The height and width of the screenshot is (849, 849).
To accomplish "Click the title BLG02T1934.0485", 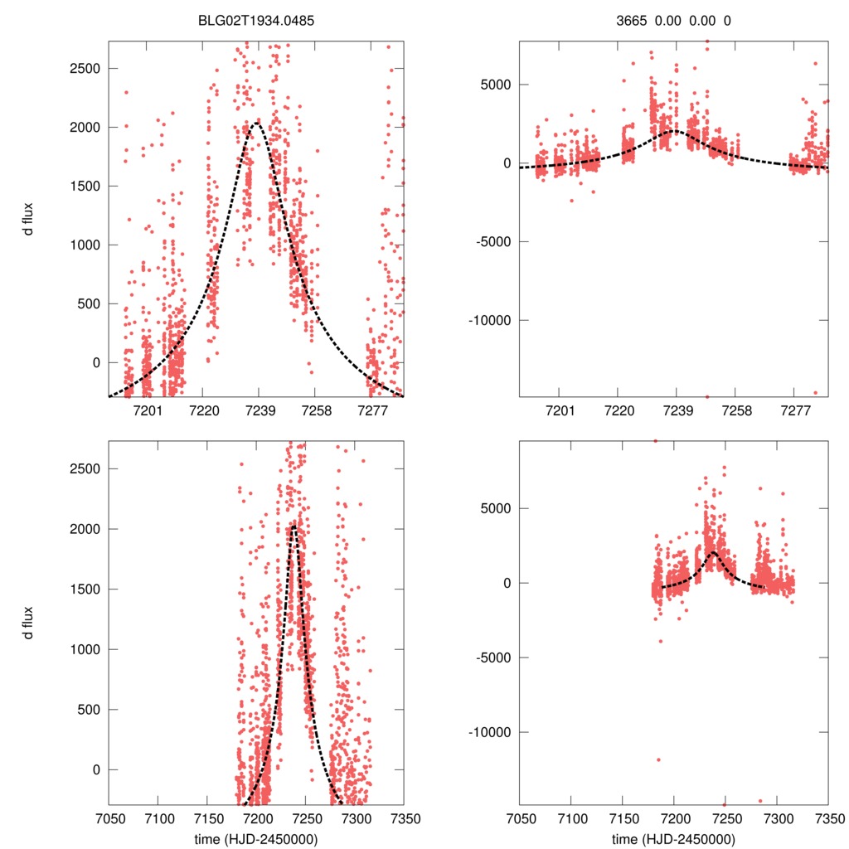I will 256,21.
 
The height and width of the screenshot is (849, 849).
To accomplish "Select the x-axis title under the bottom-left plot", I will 256,838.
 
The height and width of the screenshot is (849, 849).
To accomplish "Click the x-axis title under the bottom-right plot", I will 673,838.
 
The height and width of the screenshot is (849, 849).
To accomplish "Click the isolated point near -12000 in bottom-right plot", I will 659,759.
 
